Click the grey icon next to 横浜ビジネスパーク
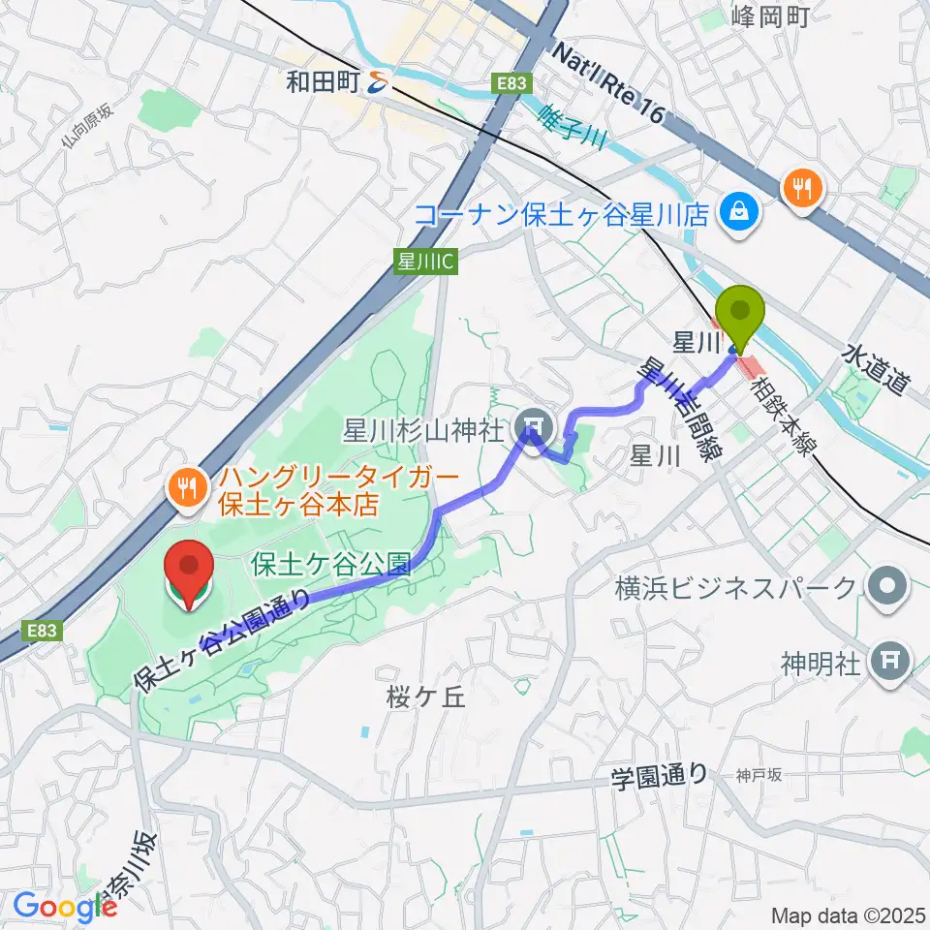click(886, 586)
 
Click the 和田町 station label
click(324, 84)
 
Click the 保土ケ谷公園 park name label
click(332, 563)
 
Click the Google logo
click(65, 907)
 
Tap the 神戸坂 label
click(758, 774)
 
